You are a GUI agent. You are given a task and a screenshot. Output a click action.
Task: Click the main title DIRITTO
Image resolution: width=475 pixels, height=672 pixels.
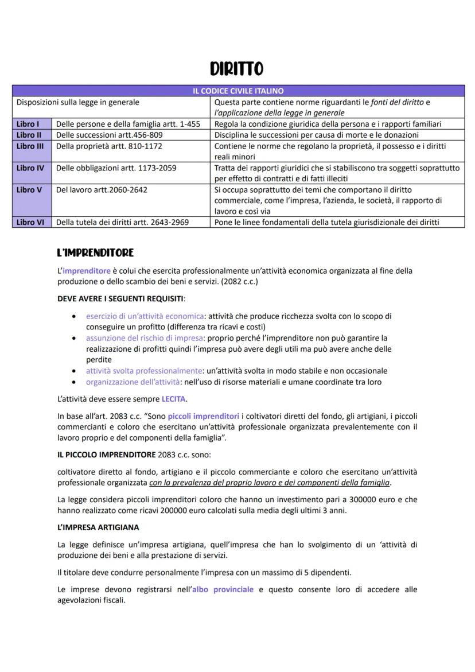[237, 69]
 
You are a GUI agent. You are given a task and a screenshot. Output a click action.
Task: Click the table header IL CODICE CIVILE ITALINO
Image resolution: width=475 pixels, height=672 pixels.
[237, 91]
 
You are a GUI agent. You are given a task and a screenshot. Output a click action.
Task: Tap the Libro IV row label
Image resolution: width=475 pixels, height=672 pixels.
[30, 168]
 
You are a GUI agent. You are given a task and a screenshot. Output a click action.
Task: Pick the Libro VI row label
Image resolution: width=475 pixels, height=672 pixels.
[30, 223]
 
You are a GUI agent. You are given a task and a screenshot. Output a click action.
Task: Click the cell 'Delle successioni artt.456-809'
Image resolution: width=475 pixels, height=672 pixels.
[109, 135]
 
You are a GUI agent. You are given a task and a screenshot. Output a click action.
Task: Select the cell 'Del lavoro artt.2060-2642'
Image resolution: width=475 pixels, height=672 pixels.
[102, 190]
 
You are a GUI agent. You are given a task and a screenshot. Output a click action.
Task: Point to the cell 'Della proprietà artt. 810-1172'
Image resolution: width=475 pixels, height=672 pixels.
[109, 146]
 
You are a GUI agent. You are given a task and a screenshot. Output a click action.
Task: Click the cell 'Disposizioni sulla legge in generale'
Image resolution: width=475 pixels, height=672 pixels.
[78, 102]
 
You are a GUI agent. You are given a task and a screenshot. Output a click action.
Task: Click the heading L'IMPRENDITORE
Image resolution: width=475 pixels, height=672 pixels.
[95, 253]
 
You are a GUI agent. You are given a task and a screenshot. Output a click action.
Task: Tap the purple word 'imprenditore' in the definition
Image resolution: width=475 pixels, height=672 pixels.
[87, 271]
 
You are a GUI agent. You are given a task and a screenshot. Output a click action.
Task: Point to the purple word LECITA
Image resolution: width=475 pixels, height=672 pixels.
[173, 399]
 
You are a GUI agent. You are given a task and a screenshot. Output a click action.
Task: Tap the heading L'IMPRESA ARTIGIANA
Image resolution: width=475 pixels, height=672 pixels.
[98, 527]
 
